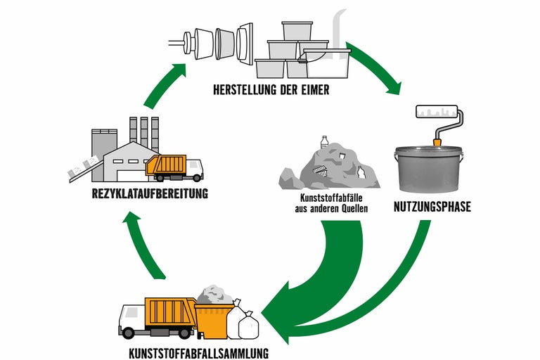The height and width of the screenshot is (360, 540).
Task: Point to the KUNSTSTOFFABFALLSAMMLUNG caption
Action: coord(200,352)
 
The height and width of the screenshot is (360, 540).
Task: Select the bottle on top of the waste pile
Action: coord(325,142)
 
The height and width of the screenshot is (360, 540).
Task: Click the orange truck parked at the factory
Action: coord(173,167)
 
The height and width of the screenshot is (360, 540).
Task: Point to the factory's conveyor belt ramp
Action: coord(82,169)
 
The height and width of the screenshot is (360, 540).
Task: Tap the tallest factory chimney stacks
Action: coord(143,131)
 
